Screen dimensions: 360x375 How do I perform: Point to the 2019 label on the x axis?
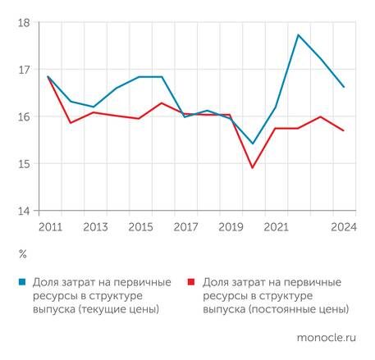tap(230, 227)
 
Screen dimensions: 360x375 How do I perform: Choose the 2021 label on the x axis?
tap(275, 227)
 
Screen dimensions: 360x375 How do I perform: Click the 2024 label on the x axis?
tap(342, 227)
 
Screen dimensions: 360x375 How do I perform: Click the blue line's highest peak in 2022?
tap(298, 34)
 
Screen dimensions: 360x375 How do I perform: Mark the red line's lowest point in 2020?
tap(252, 168)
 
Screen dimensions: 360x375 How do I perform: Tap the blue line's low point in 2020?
tap(252, 144)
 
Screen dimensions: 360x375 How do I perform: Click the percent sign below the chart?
tap(22, 253)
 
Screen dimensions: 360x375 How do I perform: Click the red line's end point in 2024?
tap(343, 130)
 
